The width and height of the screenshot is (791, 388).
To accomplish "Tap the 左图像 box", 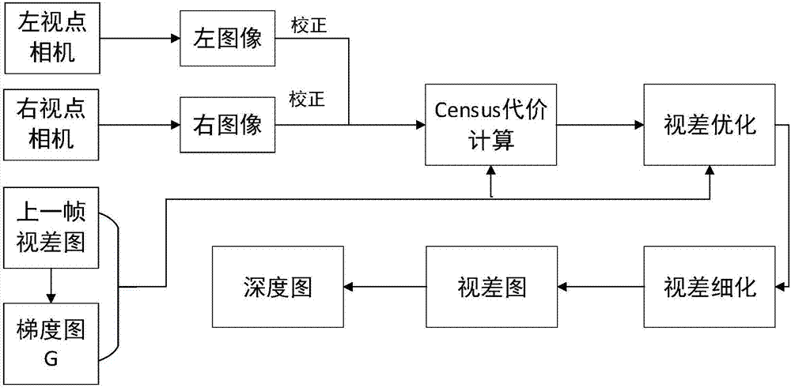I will [x=226, y=37].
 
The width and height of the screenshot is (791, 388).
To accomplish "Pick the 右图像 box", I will [x=226, y=124].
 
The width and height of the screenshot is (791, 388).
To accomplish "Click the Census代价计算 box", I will [x=491, y=124].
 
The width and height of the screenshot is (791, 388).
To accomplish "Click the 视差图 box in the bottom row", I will [x=491, y=286].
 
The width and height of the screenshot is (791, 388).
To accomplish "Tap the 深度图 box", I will [x=278, y=286].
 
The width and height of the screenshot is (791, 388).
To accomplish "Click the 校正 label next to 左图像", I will [x=308, y=25].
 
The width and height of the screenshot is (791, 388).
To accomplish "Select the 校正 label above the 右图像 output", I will [x=308, y=100].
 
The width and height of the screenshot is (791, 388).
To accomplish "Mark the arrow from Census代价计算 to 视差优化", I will [x=600, y=124].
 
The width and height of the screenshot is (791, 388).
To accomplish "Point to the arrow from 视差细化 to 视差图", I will [x=600, y=286].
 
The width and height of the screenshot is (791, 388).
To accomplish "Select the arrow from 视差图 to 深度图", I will [x=384, y=286].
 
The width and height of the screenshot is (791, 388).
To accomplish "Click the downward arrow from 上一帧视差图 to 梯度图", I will [x=49, y=285].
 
